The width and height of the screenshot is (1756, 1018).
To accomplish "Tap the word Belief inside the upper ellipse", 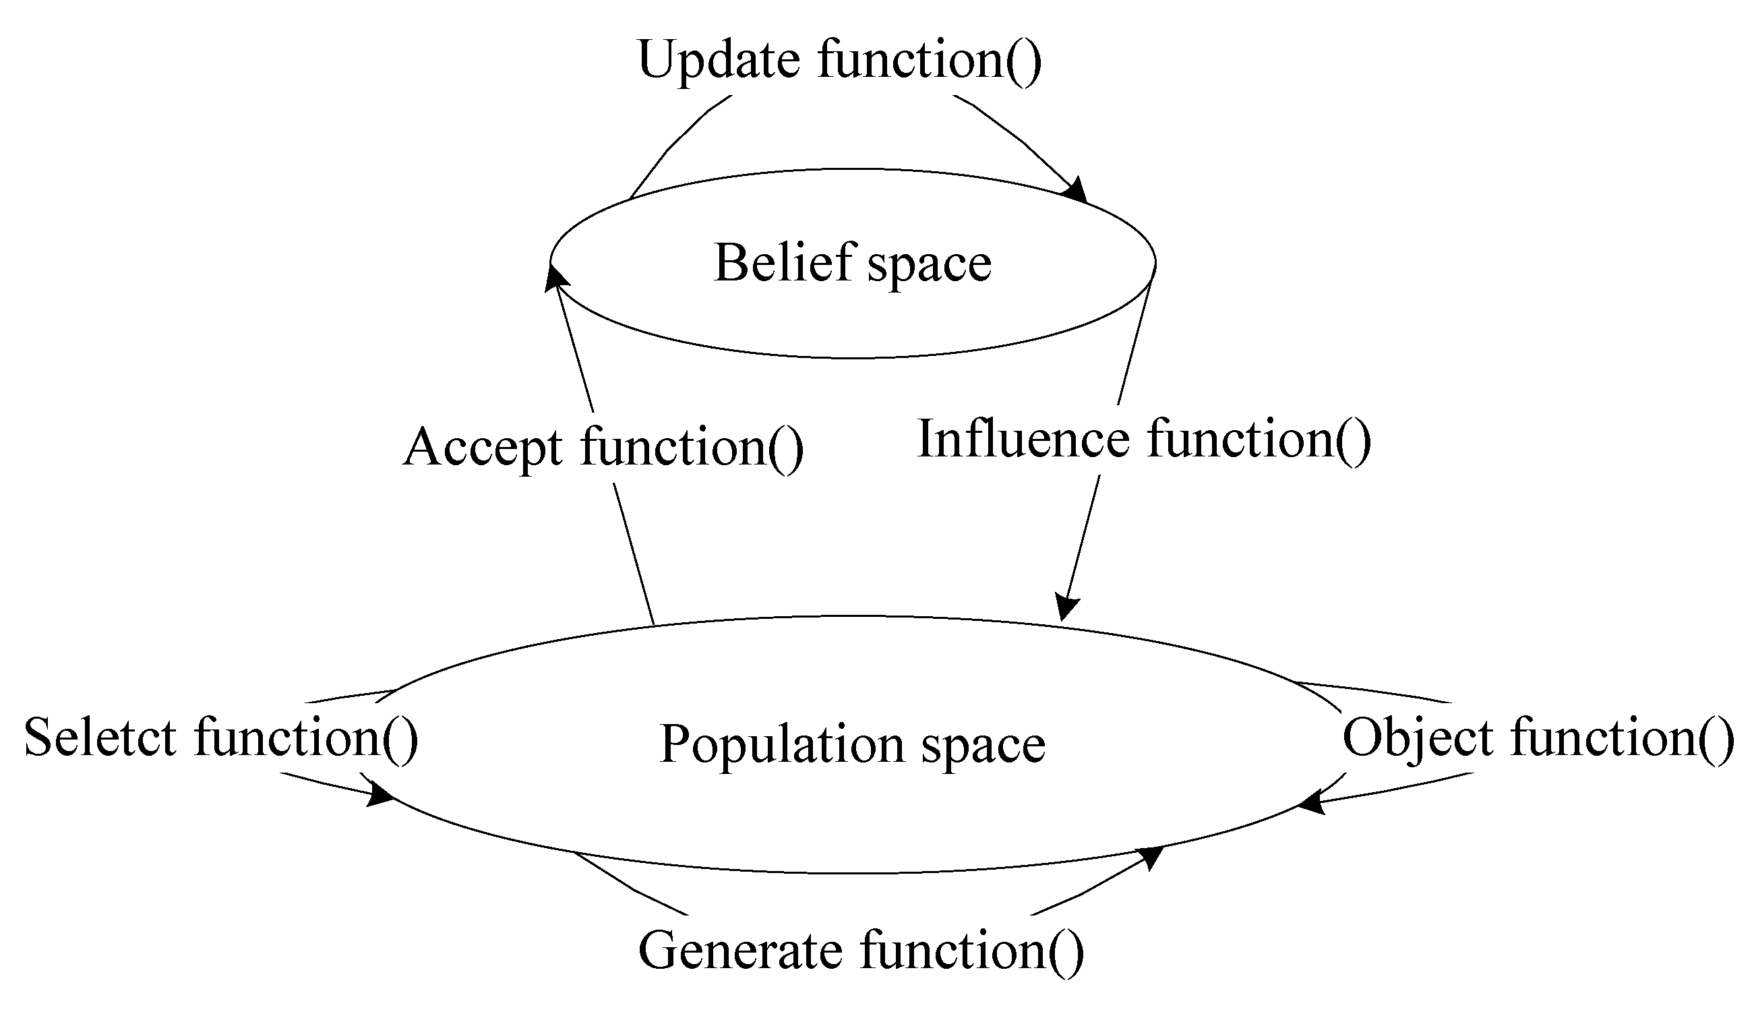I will (784, 263).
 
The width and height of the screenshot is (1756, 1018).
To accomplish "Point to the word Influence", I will (1023, 439).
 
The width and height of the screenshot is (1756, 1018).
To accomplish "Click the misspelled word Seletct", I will (100, 737).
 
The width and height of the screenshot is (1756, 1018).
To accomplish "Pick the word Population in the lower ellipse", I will (781, 744).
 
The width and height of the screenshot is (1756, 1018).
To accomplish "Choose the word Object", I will (1418, 737).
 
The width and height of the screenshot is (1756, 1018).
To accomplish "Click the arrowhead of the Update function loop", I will (1077, 190).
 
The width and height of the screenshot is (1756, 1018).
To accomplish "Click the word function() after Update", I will (930, 61).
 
